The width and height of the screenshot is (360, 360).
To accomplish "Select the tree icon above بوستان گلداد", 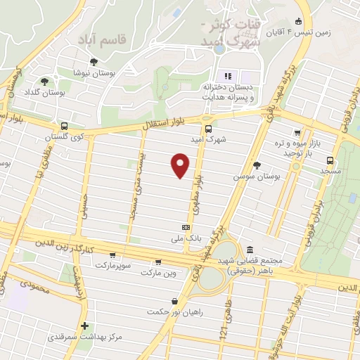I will coord(45,81).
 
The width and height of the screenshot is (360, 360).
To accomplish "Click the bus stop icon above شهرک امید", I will coord(207,128).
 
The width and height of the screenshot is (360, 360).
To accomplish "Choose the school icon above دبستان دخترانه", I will coord(227,76).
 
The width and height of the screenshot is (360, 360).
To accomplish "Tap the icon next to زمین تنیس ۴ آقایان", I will coord(300,21).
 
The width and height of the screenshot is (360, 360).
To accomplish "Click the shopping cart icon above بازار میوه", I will coord(298,131).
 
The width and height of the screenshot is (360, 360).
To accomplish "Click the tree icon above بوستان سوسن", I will coord(257,165).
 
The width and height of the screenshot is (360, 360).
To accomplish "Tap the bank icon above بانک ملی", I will coord(186,227).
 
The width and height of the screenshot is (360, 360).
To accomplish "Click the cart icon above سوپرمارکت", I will coord(112,255).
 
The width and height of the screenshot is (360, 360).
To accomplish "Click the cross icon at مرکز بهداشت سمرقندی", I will coord(84,326).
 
